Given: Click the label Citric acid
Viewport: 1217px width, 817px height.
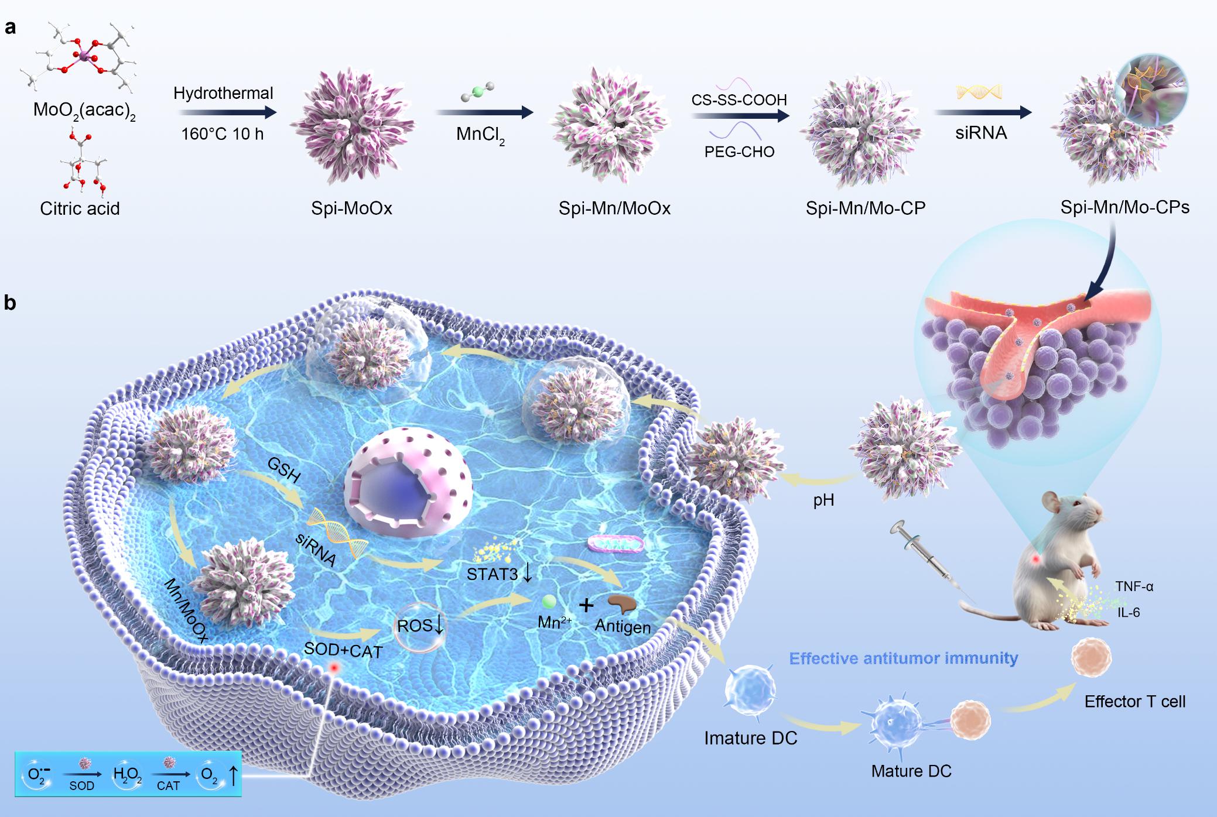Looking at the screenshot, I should (80, 208).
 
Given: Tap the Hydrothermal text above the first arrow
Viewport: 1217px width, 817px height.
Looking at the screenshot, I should (223, 93).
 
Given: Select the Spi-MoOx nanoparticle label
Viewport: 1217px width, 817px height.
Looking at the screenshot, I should (351, 208).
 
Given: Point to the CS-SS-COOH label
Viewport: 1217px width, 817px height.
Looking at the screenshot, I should (739, 100).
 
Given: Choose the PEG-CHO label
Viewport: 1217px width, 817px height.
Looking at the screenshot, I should (739, 152).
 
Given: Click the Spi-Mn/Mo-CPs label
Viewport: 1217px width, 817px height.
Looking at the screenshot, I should (1124, 207).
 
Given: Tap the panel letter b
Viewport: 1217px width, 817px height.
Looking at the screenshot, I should (10, 303).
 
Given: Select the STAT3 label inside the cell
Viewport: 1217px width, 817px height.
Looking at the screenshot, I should (493, 574).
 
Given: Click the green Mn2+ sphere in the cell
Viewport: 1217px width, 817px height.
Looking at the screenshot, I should (549, 602).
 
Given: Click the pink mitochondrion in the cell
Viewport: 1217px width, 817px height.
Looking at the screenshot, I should (616, 544).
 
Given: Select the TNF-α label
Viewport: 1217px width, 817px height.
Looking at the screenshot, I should (1134, 586).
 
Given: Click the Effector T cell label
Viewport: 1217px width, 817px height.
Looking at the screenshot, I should (1134, 701).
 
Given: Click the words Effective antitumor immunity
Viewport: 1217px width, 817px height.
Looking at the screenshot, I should (903, 658).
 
